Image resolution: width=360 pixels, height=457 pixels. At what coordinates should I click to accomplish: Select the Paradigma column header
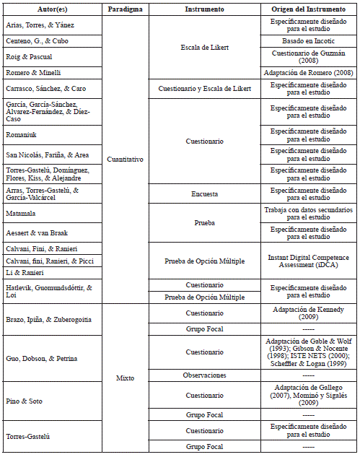click(x=125, y=9)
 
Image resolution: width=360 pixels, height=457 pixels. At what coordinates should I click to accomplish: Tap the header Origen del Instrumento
click(x=309, y=9)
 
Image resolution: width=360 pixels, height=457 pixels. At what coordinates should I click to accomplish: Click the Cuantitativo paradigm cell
click(x=125, y=160)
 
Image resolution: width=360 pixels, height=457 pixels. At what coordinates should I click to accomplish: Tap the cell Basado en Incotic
click(x=309, y=40)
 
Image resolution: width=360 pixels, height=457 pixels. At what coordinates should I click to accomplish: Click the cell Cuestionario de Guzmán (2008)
click(x=309, y=56)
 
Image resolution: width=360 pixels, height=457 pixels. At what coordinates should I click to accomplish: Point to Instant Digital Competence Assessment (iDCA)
click(x=309, y=260)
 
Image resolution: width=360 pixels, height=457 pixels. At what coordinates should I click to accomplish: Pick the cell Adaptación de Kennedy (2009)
click(x=309, y=313)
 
